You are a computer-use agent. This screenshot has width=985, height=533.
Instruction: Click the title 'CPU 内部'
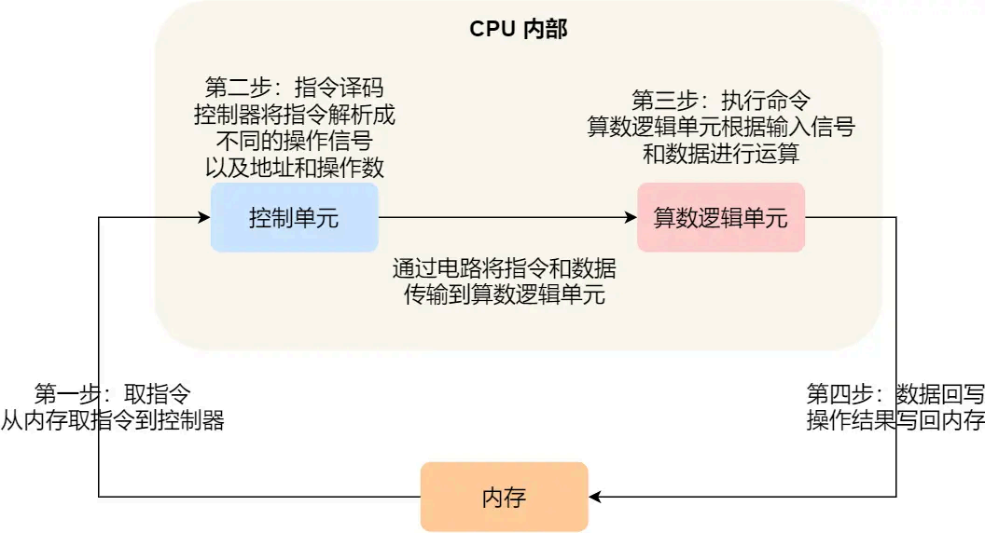click(x=518, y=29)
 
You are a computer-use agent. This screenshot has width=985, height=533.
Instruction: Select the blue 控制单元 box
click(x=294, y=218)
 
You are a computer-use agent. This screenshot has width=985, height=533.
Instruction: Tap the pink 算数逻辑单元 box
click(x=720, y=218)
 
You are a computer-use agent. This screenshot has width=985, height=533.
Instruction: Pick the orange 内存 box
click(x=504, y=497)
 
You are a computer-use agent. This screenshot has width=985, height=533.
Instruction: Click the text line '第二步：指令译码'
click(x=294, y=89)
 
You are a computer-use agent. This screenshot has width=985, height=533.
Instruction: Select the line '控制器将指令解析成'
click(x=294, y=116)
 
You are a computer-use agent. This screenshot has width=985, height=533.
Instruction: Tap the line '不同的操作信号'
click(x=294, y=142)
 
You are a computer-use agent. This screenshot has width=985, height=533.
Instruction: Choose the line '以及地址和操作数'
click(x=294, y=168)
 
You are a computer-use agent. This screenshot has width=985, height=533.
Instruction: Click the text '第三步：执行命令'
click(x=720, y=101)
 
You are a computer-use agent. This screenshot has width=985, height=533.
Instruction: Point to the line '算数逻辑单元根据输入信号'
click(x=720, y=127)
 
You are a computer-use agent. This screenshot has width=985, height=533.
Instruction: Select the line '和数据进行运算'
click(x=720, y=153)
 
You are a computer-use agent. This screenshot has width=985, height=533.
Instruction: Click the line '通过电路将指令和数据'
click(x=504, y=269)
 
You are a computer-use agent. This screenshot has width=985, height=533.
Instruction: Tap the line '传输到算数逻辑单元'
click(x=504, y=295)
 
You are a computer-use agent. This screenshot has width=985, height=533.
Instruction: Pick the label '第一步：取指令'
click(x=112, y=393)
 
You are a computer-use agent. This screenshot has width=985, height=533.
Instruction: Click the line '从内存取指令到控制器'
click(x=112, y=419)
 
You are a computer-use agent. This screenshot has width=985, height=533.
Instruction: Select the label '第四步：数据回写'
click(x=895, y=393)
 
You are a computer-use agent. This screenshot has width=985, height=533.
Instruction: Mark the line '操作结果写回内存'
click(x=895, y=419)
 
